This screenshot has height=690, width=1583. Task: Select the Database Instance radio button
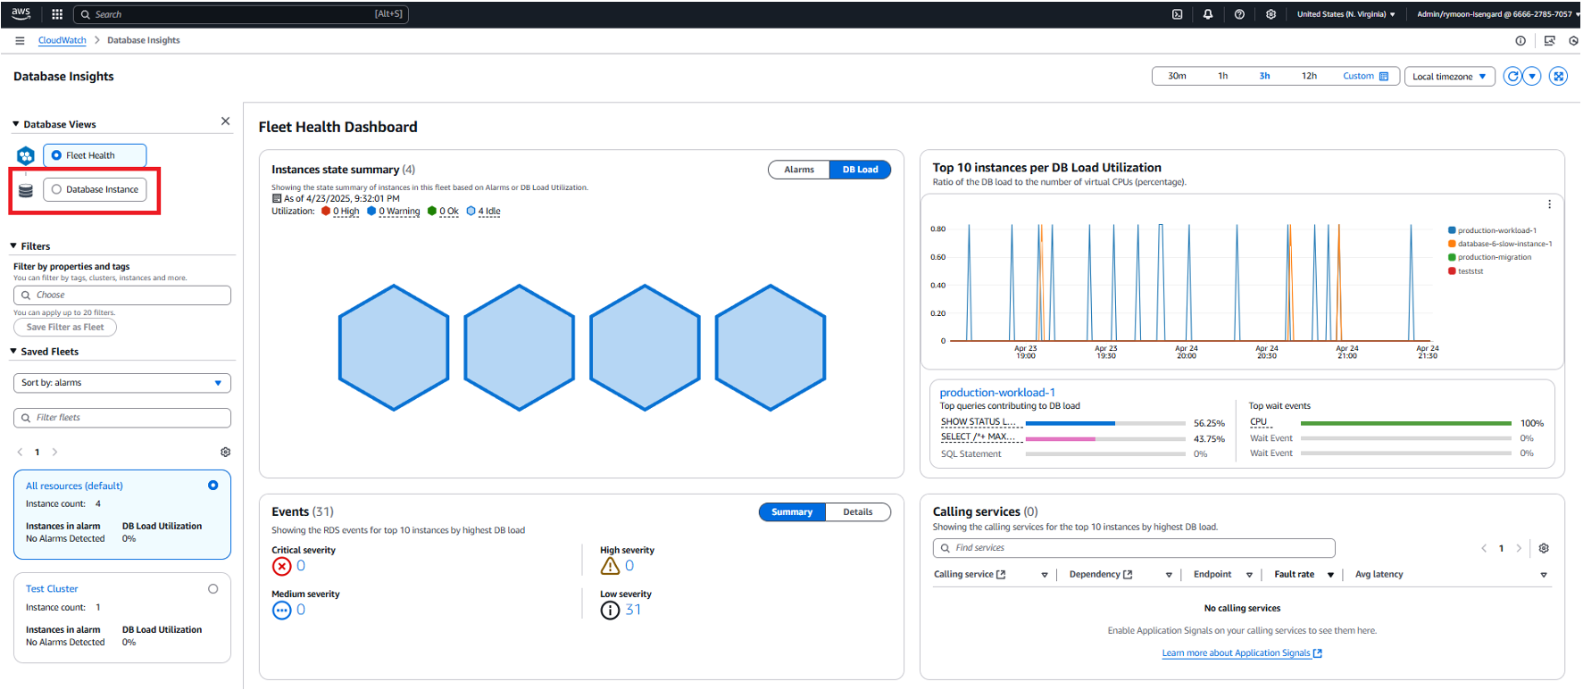(x=57, y=189)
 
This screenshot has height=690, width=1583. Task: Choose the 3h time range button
(x=1264, y=76)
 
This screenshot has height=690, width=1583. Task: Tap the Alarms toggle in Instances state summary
(x=798, y=170)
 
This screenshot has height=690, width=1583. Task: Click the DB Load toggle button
(x=860, y=170)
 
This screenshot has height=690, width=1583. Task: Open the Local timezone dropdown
(x=1448, y=77)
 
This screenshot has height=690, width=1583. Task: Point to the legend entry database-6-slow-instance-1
(x=1504, y=244)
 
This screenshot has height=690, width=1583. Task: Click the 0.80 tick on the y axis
(x=937, y=229)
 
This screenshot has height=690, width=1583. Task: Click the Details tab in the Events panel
(x=857, y=512)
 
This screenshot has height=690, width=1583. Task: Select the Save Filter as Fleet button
(x=65, y=328)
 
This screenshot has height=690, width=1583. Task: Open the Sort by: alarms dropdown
(x=122, y=383)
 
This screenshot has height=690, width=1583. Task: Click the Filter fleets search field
(x=122, y=418)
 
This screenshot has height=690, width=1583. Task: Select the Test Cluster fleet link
(x=52, y=589)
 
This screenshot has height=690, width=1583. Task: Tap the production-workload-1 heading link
(x=997, y=393)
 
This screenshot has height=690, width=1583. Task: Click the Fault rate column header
(x=1294, y=575)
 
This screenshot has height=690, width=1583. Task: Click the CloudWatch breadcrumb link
(x=62, y=40)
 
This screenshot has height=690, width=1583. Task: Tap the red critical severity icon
(x=281, y=566)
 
